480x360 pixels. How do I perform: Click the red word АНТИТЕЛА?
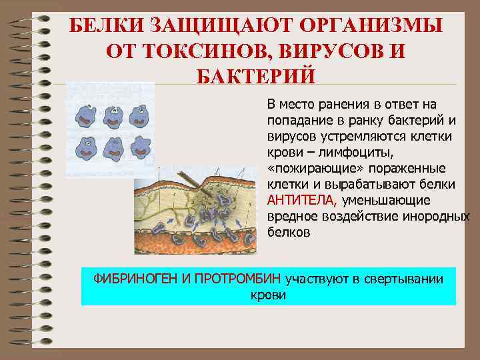pos(303,200)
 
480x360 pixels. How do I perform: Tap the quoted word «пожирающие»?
pos(304,168)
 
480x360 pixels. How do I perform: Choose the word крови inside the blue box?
pos(268,294)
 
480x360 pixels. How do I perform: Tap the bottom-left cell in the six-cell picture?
pos(87,146)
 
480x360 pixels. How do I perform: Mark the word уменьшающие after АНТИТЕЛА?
pos(385,200)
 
